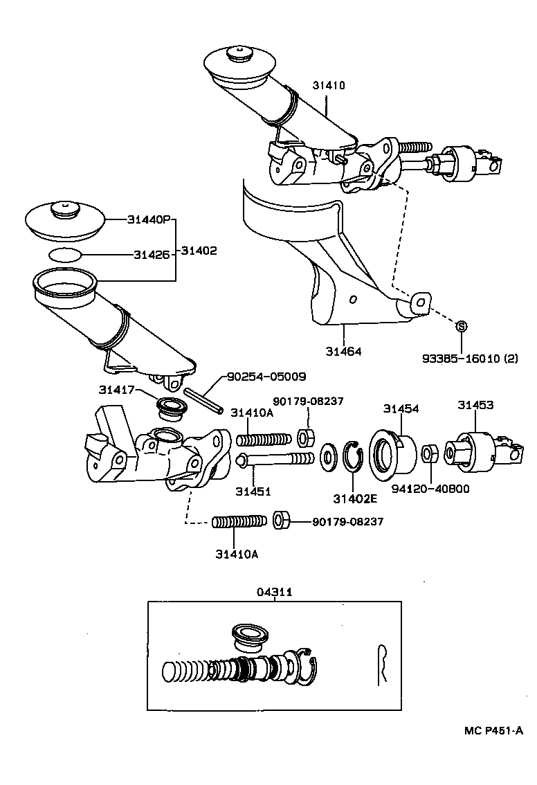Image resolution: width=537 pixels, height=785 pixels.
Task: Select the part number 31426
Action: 151,254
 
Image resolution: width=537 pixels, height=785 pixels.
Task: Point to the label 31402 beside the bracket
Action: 199,251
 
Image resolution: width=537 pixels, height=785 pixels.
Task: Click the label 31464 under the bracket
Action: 344,352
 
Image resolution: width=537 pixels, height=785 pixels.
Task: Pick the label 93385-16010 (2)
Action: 470,359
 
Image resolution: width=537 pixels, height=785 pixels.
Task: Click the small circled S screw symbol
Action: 462,326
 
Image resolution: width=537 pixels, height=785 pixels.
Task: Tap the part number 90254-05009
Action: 266,377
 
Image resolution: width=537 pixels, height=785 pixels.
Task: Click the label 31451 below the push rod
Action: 253,491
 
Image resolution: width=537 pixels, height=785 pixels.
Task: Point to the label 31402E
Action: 354,498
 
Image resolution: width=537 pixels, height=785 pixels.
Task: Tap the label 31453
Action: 475,405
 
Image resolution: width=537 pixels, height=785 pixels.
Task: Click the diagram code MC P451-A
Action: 493,730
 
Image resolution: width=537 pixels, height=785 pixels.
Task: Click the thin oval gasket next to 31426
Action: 66,254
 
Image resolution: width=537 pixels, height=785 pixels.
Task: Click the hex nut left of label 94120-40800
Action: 428,453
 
